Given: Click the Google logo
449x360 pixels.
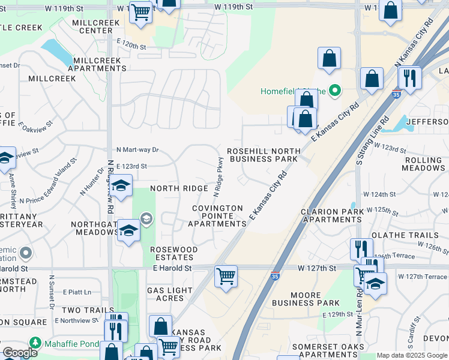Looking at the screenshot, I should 20,353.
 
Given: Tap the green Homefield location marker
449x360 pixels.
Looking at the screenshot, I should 336,91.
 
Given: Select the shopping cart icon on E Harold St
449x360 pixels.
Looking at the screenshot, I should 226,277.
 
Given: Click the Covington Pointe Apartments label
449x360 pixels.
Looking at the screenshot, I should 217,216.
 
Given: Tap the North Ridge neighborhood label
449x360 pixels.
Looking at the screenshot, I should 179,188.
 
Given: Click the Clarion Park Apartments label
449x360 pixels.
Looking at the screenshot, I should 332,215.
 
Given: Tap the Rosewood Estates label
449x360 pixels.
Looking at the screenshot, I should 174,253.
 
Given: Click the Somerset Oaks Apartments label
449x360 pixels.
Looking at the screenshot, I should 328,351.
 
